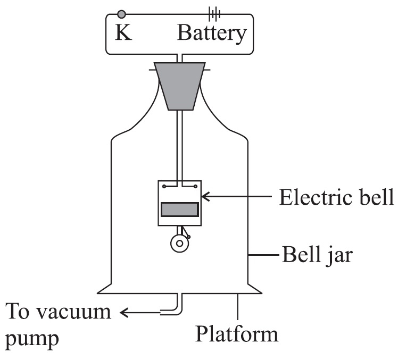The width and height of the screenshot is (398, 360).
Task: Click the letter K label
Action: point(123,34)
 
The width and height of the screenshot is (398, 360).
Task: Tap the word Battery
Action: point(212,33)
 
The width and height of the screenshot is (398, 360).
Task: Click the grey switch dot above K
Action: point(122,14)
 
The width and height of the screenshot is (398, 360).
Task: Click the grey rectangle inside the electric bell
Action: point(180,210)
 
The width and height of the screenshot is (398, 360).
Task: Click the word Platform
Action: point(237,334)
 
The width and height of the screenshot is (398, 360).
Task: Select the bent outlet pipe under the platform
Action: point(176,306)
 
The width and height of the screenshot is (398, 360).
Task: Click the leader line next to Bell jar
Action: point(263,257)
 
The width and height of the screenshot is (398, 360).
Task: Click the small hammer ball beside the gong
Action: point(188,237)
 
